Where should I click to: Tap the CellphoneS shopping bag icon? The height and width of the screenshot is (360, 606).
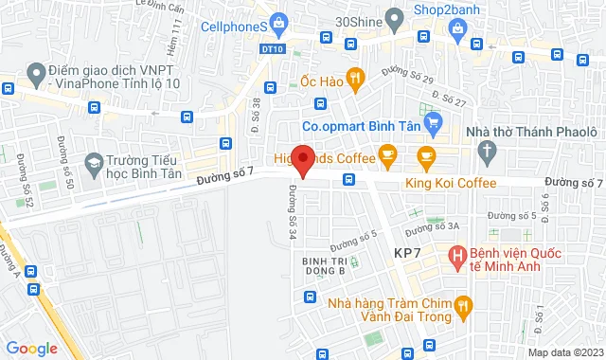coord(278,22)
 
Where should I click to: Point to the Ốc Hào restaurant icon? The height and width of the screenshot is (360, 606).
coord(354,79)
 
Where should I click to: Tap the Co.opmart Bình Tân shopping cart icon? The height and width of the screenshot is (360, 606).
coord(434,121)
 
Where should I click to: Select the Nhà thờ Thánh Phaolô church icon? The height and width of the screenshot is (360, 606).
coord(486,149)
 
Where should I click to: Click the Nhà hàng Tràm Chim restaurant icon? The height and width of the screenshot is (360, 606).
coord(462,304)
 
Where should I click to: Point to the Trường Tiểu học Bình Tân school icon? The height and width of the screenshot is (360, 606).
coord(93,165)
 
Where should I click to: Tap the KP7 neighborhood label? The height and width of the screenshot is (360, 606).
coord(410,253)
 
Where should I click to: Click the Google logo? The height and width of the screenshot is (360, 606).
coord(32,349)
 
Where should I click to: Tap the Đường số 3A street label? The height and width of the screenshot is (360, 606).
coord(431,227)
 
